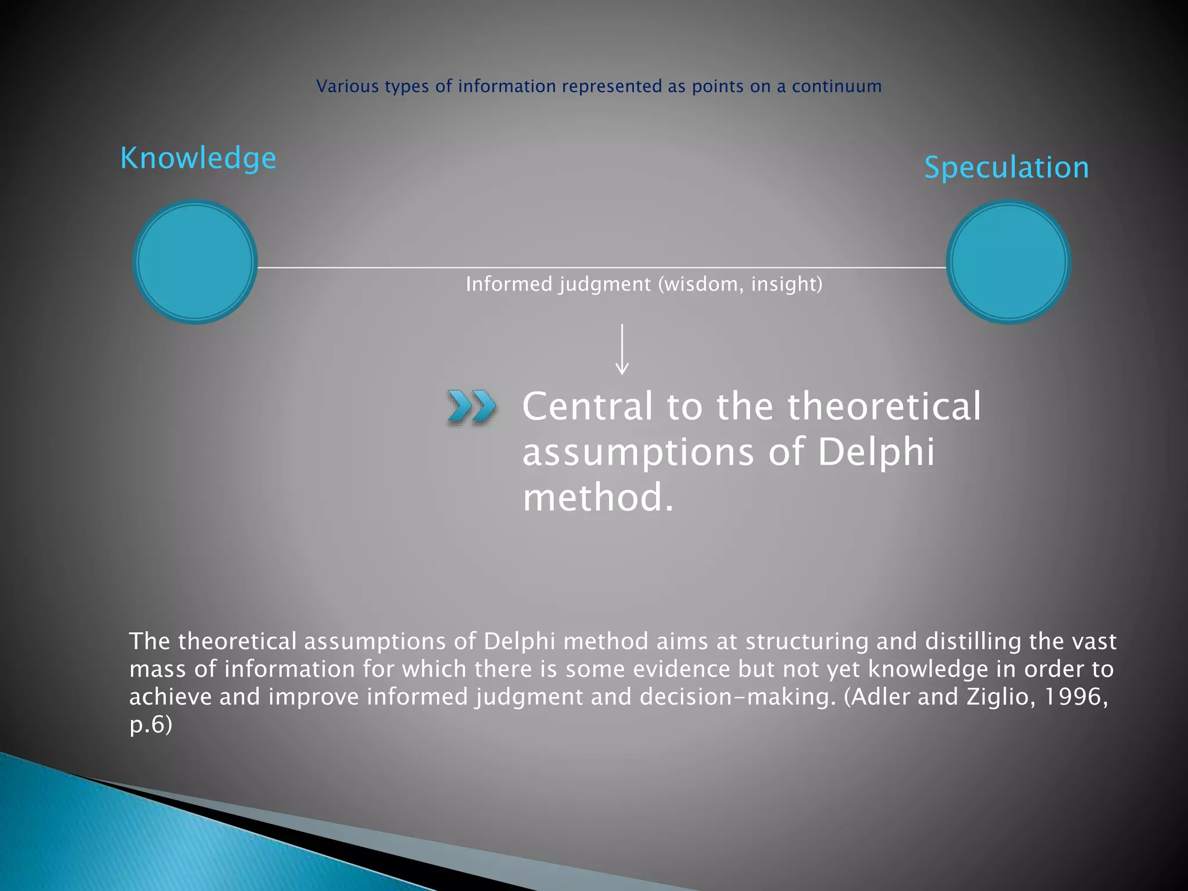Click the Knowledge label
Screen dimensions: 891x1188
pyautogui.click(x=198, y=158)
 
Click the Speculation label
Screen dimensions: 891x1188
pyautogui.click(x=1006, y=168)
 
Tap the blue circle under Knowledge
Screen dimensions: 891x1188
pyautogui.click(x=195, y=262)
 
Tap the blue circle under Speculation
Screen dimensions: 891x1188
pyautogui.click(x=1008, y=262)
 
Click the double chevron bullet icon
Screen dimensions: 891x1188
pyautogui.click(x=472, y=406)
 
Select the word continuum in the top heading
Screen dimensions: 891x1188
pyautogui.click(x=836, y=86)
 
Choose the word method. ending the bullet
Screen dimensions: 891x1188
pyautogui.click(x=598, y=498)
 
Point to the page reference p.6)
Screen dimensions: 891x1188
pyautogui.click(x=150, y=725)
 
